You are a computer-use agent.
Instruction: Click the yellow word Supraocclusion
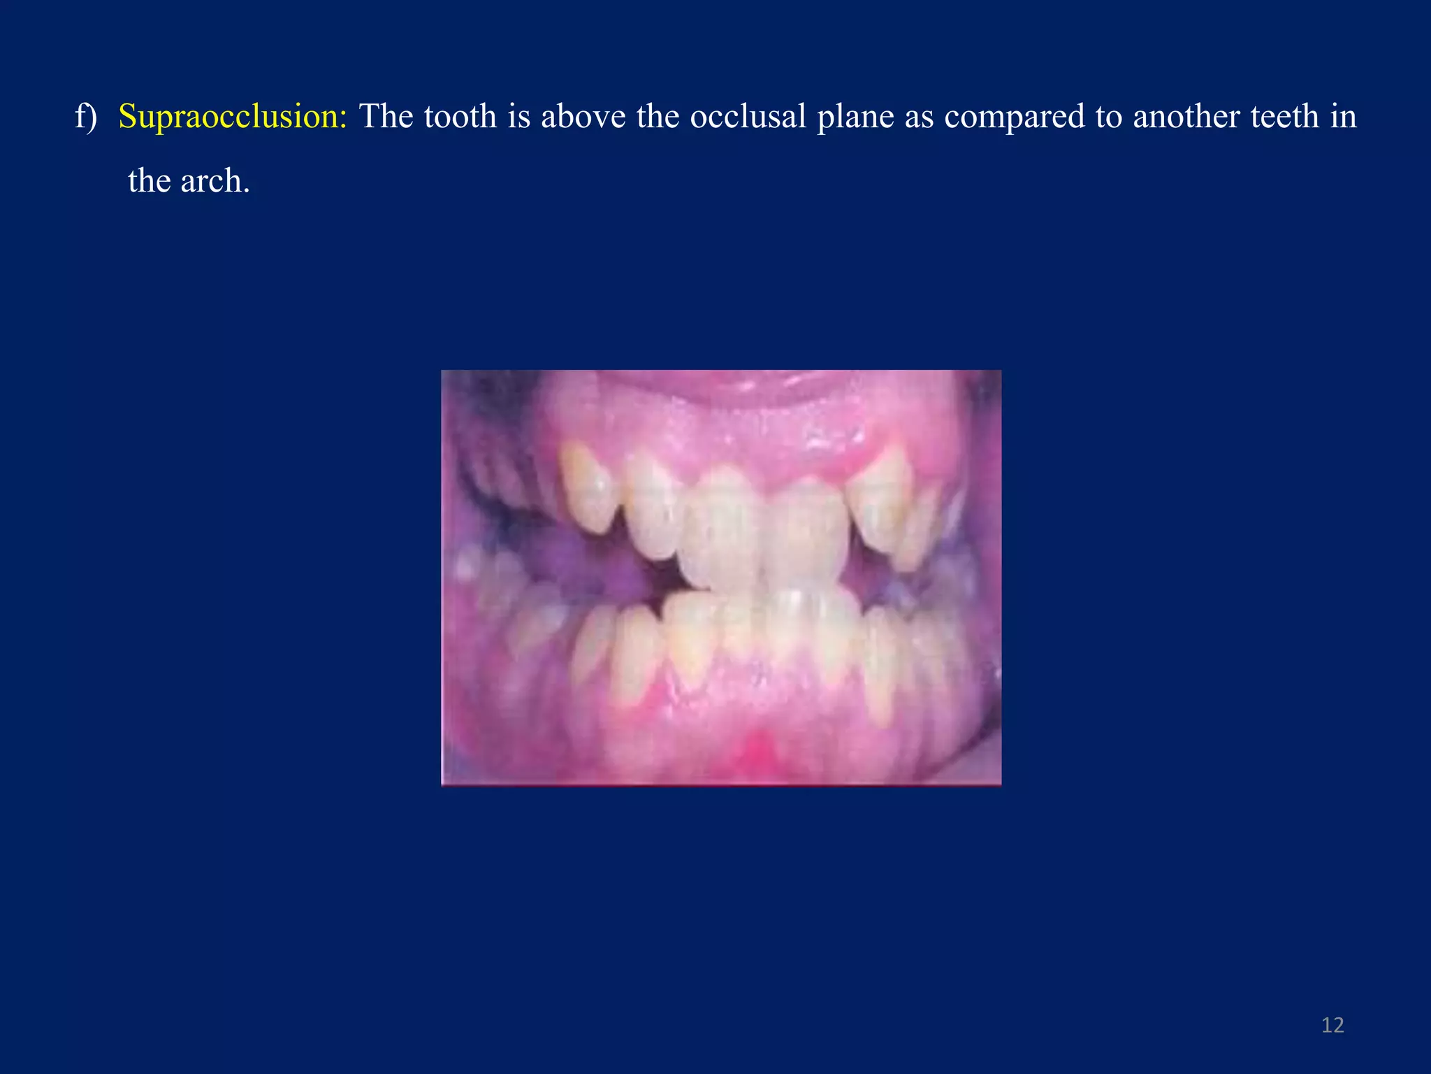[233, 116]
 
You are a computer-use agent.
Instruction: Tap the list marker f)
[85, 116]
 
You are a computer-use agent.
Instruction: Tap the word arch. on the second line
[215, 181]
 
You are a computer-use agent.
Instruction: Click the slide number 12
[1332, 1025]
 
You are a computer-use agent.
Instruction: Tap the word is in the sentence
[518, 116]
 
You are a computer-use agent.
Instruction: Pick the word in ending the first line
[1343, 116]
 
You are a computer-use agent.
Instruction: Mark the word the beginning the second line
[149, 181]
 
